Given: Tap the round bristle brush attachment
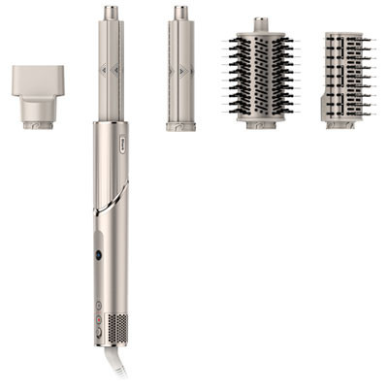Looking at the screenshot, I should click(260, 75).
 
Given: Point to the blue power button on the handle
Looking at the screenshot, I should click(98, 255).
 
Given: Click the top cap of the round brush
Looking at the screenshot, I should click(260, 23).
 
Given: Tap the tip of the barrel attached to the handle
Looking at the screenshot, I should click(111, 13).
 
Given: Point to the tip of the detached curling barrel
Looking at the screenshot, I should click(180, 13).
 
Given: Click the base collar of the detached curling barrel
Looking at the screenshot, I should click(180, 125).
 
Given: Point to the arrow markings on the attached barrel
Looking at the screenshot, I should click(111, 70).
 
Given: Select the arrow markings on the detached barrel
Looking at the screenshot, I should click(180, 70).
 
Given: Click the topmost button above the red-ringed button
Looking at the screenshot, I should click(98, 305).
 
